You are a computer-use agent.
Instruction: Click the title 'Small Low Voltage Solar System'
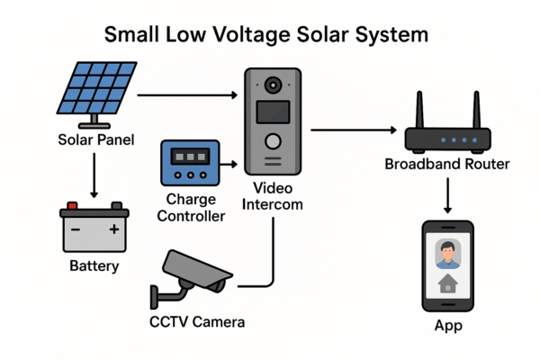click(x=266, y=35)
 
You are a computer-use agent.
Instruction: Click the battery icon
click(x=94, y=228)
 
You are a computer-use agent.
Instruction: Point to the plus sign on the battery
click(x=114, y=229)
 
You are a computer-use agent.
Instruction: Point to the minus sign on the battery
click(x=75, y=229)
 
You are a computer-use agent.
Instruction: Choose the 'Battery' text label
click(x=94, y=267)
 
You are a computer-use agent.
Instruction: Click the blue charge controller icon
click(x=189, y=164)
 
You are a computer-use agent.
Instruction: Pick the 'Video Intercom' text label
click(x=274, y=196)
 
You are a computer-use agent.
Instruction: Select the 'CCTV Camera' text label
click(x=196, y=321)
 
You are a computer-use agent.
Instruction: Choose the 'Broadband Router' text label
click(x=447, y=165)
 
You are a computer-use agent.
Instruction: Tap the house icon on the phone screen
click(x=447, y=285)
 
